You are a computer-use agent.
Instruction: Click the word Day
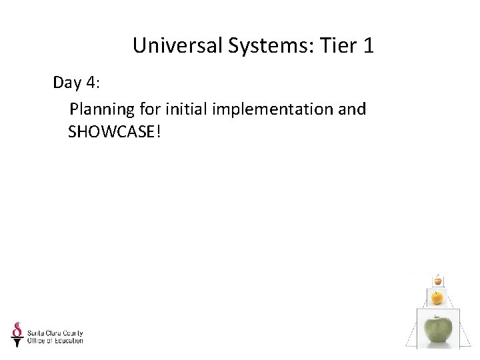[x=67, y=84]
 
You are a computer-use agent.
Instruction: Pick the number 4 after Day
[x=91, y=84]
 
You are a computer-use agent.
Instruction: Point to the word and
[x=352, y=109]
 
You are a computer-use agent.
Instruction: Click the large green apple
[x=438, y=329]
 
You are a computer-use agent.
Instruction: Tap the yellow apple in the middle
[x=437, y=297]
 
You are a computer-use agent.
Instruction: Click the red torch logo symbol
[x=17, y=334]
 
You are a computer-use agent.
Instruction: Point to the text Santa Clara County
[x=55, y=332]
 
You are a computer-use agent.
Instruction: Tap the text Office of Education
[x=55, y=341]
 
